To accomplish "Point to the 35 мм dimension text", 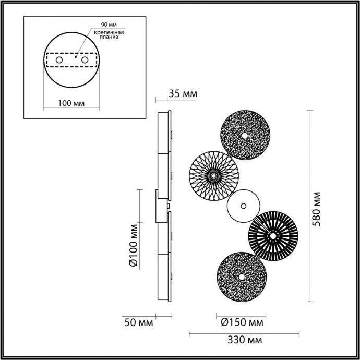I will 183,94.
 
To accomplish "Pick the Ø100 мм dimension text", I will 134,245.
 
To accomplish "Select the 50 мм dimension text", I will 139,323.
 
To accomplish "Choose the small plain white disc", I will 243,206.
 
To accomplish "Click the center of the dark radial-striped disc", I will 272,236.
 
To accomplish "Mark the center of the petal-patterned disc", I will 213,176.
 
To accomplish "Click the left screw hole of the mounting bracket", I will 59,61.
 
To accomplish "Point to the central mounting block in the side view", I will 158,206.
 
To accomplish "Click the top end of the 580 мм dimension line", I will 311,110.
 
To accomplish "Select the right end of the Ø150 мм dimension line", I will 265,315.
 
